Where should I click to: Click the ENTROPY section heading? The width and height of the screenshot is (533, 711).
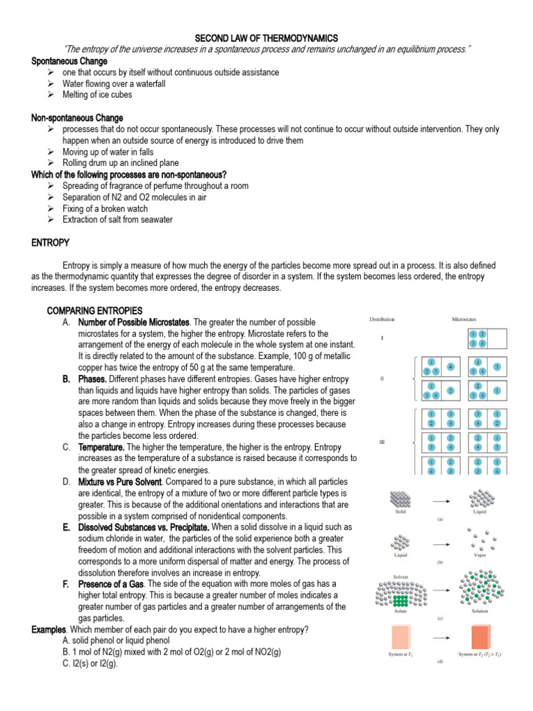[x=51, y=242]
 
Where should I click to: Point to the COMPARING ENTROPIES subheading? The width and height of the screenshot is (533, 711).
[x=94, y=310]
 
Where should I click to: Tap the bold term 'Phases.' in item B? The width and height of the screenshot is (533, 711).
[x=92, y=379]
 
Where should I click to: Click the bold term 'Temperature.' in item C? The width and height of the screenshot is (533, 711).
[x=101, y=446]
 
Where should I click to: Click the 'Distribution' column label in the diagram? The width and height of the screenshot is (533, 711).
[x=382, y=319]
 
